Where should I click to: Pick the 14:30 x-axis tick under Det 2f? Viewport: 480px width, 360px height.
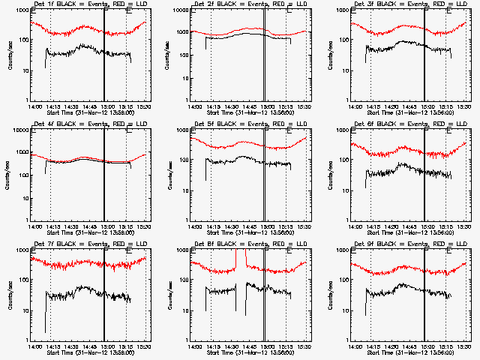(x=231, y=106)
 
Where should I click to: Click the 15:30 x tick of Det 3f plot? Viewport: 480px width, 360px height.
(x=464, y=106)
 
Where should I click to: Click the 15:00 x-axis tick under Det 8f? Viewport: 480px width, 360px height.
(x=266, y=346)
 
